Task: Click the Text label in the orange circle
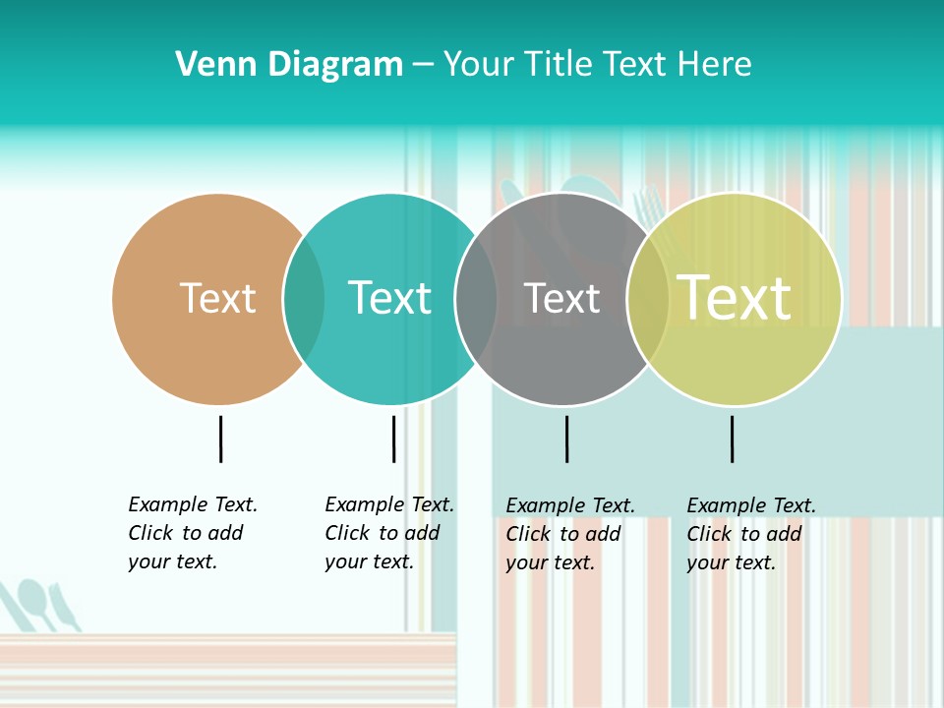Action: [217, 298]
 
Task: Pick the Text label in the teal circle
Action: [389, 298]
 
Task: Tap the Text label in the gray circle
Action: [561, 298]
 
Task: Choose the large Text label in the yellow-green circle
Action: [734, 298]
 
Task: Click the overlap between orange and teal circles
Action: [304, 299]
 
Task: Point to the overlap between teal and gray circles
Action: [476, 299]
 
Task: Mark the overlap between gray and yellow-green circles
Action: [648, 299]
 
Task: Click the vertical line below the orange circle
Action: [220, 439]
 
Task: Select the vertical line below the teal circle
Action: [393, 439]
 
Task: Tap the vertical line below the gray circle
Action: [566, 439]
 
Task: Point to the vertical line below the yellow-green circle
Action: [732, 439]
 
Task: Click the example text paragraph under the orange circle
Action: [192, 533]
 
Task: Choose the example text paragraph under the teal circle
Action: [388, 533]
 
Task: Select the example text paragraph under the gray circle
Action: [569, 534]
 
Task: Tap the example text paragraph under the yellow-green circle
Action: [750, 534]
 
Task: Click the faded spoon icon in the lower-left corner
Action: [35, 601]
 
